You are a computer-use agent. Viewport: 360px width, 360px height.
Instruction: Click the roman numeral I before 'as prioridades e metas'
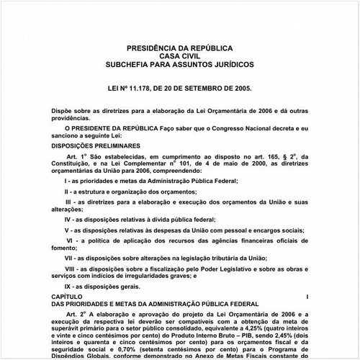(67, 181)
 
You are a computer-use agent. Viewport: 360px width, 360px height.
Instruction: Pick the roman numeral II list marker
(67, 193)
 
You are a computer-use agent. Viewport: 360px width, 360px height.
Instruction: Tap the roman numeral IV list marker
(68, 217)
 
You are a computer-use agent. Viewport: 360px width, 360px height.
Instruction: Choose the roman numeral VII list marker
(70, 256)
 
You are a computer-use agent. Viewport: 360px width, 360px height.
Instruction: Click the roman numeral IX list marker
(68, 286)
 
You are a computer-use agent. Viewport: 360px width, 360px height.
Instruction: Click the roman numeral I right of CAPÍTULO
(307, 297)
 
